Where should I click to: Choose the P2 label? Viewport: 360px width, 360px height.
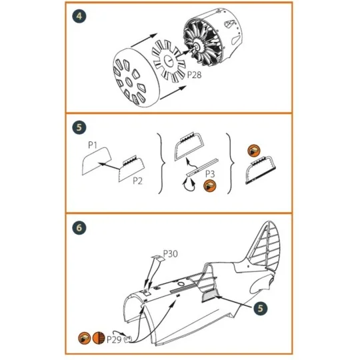137,181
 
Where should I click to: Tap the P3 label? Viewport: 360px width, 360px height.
209,174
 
